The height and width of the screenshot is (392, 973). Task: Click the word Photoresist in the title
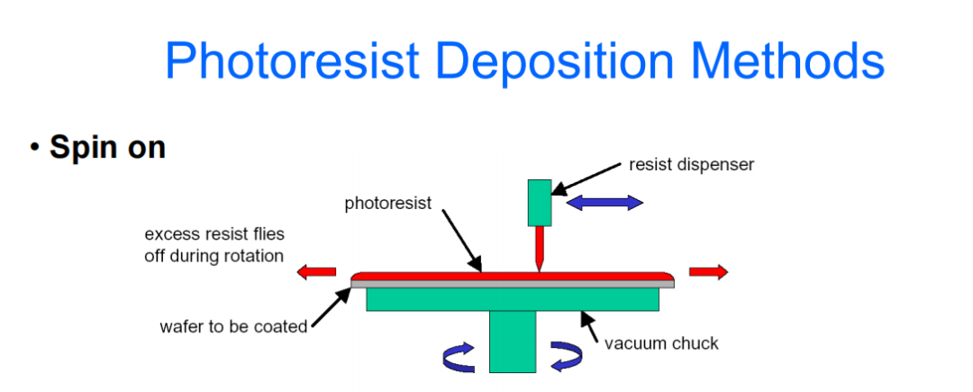click(292, 61)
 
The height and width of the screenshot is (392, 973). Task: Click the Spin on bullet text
click(107, 146)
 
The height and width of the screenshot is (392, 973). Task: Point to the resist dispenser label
click(691, 165)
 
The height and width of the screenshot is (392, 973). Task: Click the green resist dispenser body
click(540, 203)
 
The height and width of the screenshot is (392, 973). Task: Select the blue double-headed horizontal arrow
click(605, 203)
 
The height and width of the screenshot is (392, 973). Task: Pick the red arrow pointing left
click(316, 270)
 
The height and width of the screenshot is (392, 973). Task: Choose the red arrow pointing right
click(708, 272)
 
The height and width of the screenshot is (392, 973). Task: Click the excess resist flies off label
click(214, 245)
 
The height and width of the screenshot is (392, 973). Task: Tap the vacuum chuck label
click(661, 342)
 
